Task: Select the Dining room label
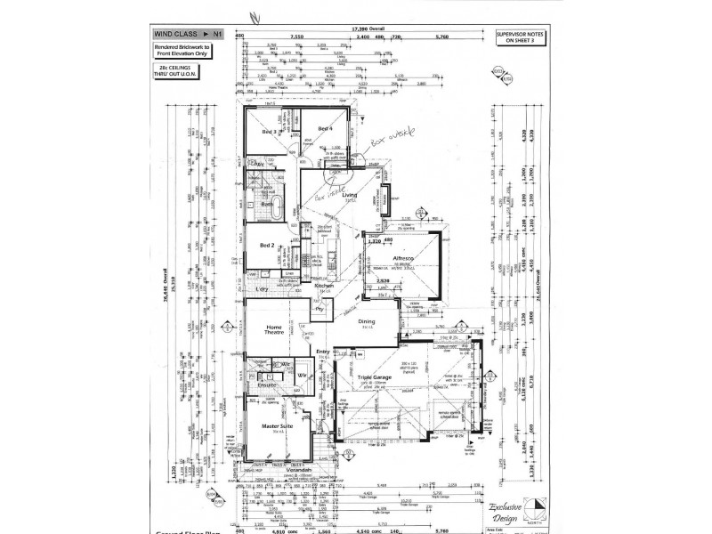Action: pyautogui.click(x=367, y=322)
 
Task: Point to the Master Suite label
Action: pyautogui.click(x=277, y=426)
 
